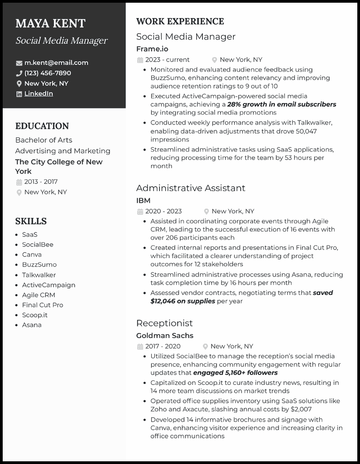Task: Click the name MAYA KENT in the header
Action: [x=50, y=23]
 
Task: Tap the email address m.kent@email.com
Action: [x=56, y=62]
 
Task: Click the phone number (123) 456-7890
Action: [x=48, y=73]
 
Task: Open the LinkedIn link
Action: [x=39, y=94]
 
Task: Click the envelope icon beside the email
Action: [x=19, y=63]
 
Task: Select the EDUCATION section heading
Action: [x=42, y=126]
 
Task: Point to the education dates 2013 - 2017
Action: [x=41, y=182]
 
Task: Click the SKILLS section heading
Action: [x=31, y=221]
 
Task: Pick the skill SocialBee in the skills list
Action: [x=38, y=245]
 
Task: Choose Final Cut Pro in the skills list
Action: [x=43, y=305]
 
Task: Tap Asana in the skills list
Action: [x=32, y=325]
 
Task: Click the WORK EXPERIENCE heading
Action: [x=180, y=22]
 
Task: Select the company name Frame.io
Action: [x=152, y=49]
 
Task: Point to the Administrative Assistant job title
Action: [x=191, y=188]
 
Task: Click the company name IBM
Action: [x=144, y=201]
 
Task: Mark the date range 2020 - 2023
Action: [x=163, y=211]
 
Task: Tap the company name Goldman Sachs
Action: [x=165, y=335]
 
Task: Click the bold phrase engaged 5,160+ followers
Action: [x=235, y=373]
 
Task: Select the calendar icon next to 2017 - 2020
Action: [x=140, y=346]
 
